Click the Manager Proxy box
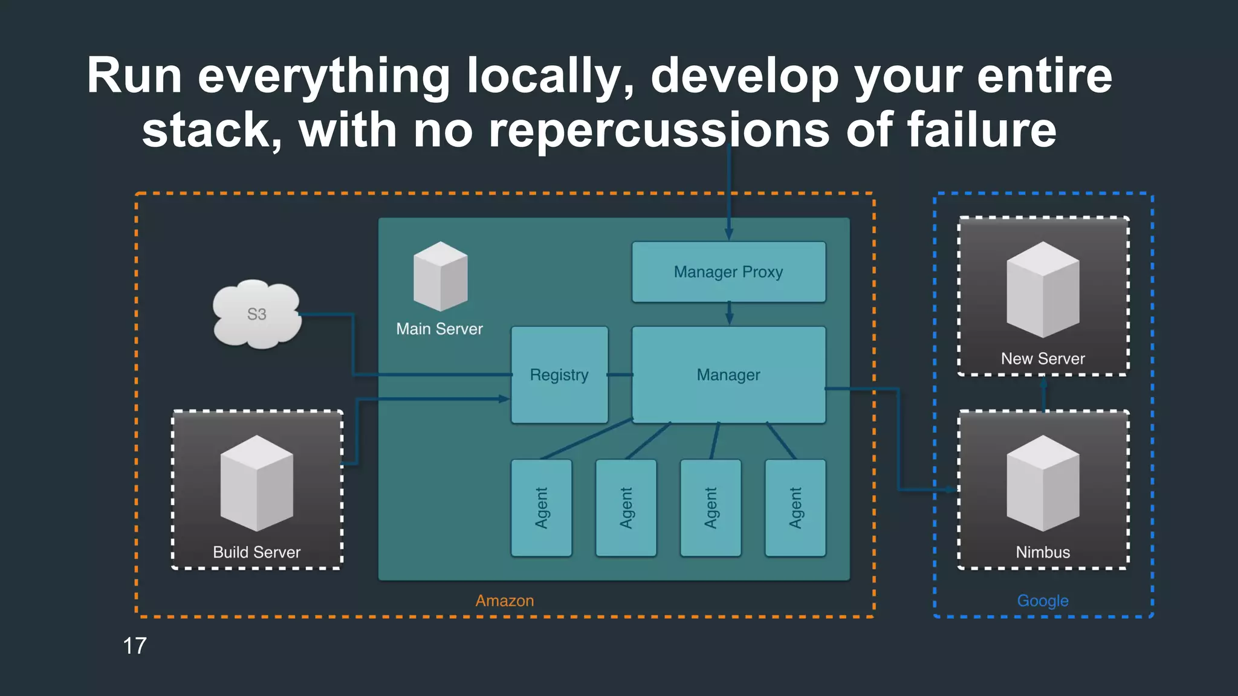pyautogui.click(x=728, y=272)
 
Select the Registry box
pyautogui.click(x=559, y=375)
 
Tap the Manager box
pyautogui.click(x=728, y=375)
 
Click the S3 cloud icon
pyautogui.click(x=257, y=314)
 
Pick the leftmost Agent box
pyautogui.click(x=541, y=507)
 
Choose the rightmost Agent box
pyautogui.click(x=795, y=507)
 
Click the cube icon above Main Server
pyautogui.click(x=440, y=276)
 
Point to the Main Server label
pyautogui.click(x=439, y=329)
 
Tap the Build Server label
pyautogui.click(x=256, y=552)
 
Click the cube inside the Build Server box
pyautogui.click(x=257, y=483)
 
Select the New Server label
pyautogui.click(x=1043, y=358)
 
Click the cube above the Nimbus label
pyautogui.click(x=1043, y=483)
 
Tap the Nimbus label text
pyautogui.click(x=1043, y=552)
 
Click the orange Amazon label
pyautogui.click(x=505, y=601)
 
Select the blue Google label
pyautogui.click(x=1043, y=601)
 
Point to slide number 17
pyautogui.click(x=135, y=646)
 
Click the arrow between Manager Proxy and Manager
pyautogui.click(x=729, y=314)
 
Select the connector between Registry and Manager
pyautogui.click(x=620, y=375)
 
